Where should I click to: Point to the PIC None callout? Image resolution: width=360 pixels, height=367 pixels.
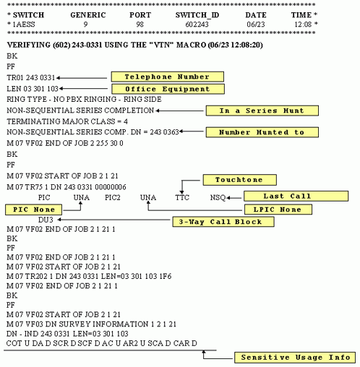(x=32, y=209)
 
